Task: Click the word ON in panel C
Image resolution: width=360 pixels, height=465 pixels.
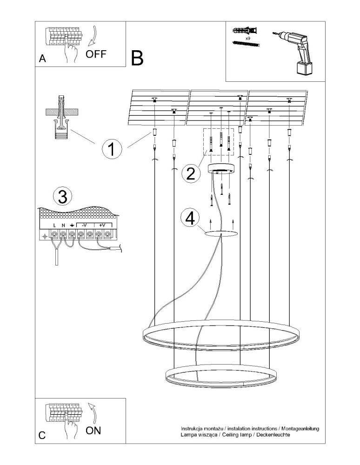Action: (93, 430)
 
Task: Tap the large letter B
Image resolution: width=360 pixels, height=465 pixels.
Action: (137, 58)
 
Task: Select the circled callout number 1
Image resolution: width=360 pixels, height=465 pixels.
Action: (111, 150)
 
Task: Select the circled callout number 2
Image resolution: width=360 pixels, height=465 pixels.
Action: (190, 173)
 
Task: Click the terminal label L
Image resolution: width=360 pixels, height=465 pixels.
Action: (54, 226)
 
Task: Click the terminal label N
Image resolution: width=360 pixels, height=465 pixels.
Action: (63, 226)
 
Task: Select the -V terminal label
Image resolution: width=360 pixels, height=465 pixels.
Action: (84, 226)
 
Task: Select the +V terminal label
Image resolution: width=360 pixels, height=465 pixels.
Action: (102, 226)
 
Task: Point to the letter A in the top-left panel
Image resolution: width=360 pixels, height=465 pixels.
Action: (42, 59)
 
